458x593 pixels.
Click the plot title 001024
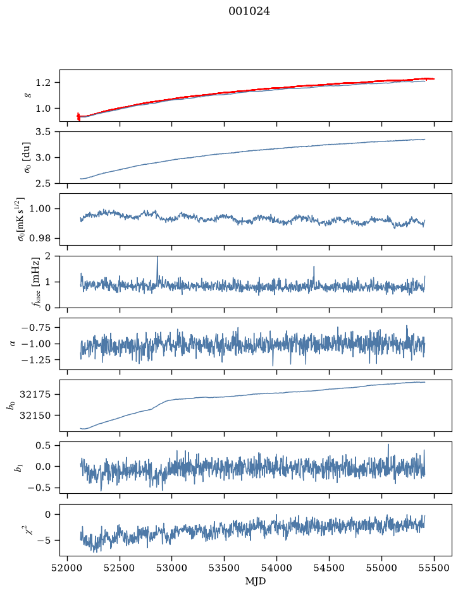click(249, 11)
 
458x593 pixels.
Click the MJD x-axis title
click(256, 581)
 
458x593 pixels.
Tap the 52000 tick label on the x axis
click(68, 568)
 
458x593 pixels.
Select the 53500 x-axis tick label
click(225, 568)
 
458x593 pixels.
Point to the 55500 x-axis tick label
click(434, 568)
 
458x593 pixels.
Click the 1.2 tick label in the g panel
click(42, 83)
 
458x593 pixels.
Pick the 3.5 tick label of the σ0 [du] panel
click(42, 131)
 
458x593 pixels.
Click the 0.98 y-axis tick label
click(39, 238)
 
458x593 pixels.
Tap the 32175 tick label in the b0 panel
click(35, 395)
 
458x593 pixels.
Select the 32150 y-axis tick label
click(35, 416)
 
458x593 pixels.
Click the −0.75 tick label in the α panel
click(36, 328)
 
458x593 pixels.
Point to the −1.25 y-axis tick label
click(36, 360)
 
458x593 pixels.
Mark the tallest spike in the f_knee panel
click(158, 257)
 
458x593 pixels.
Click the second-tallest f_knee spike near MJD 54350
click(314, 267)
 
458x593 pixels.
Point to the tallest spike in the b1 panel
click(388, 445)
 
